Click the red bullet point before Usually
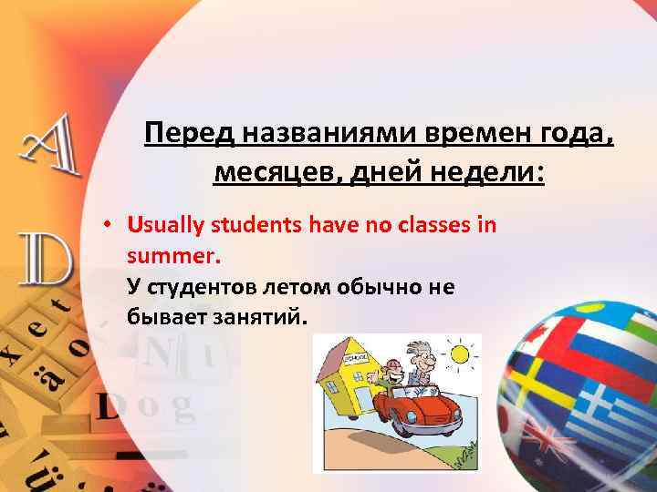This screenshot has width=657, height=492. (x=108, y=224)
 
